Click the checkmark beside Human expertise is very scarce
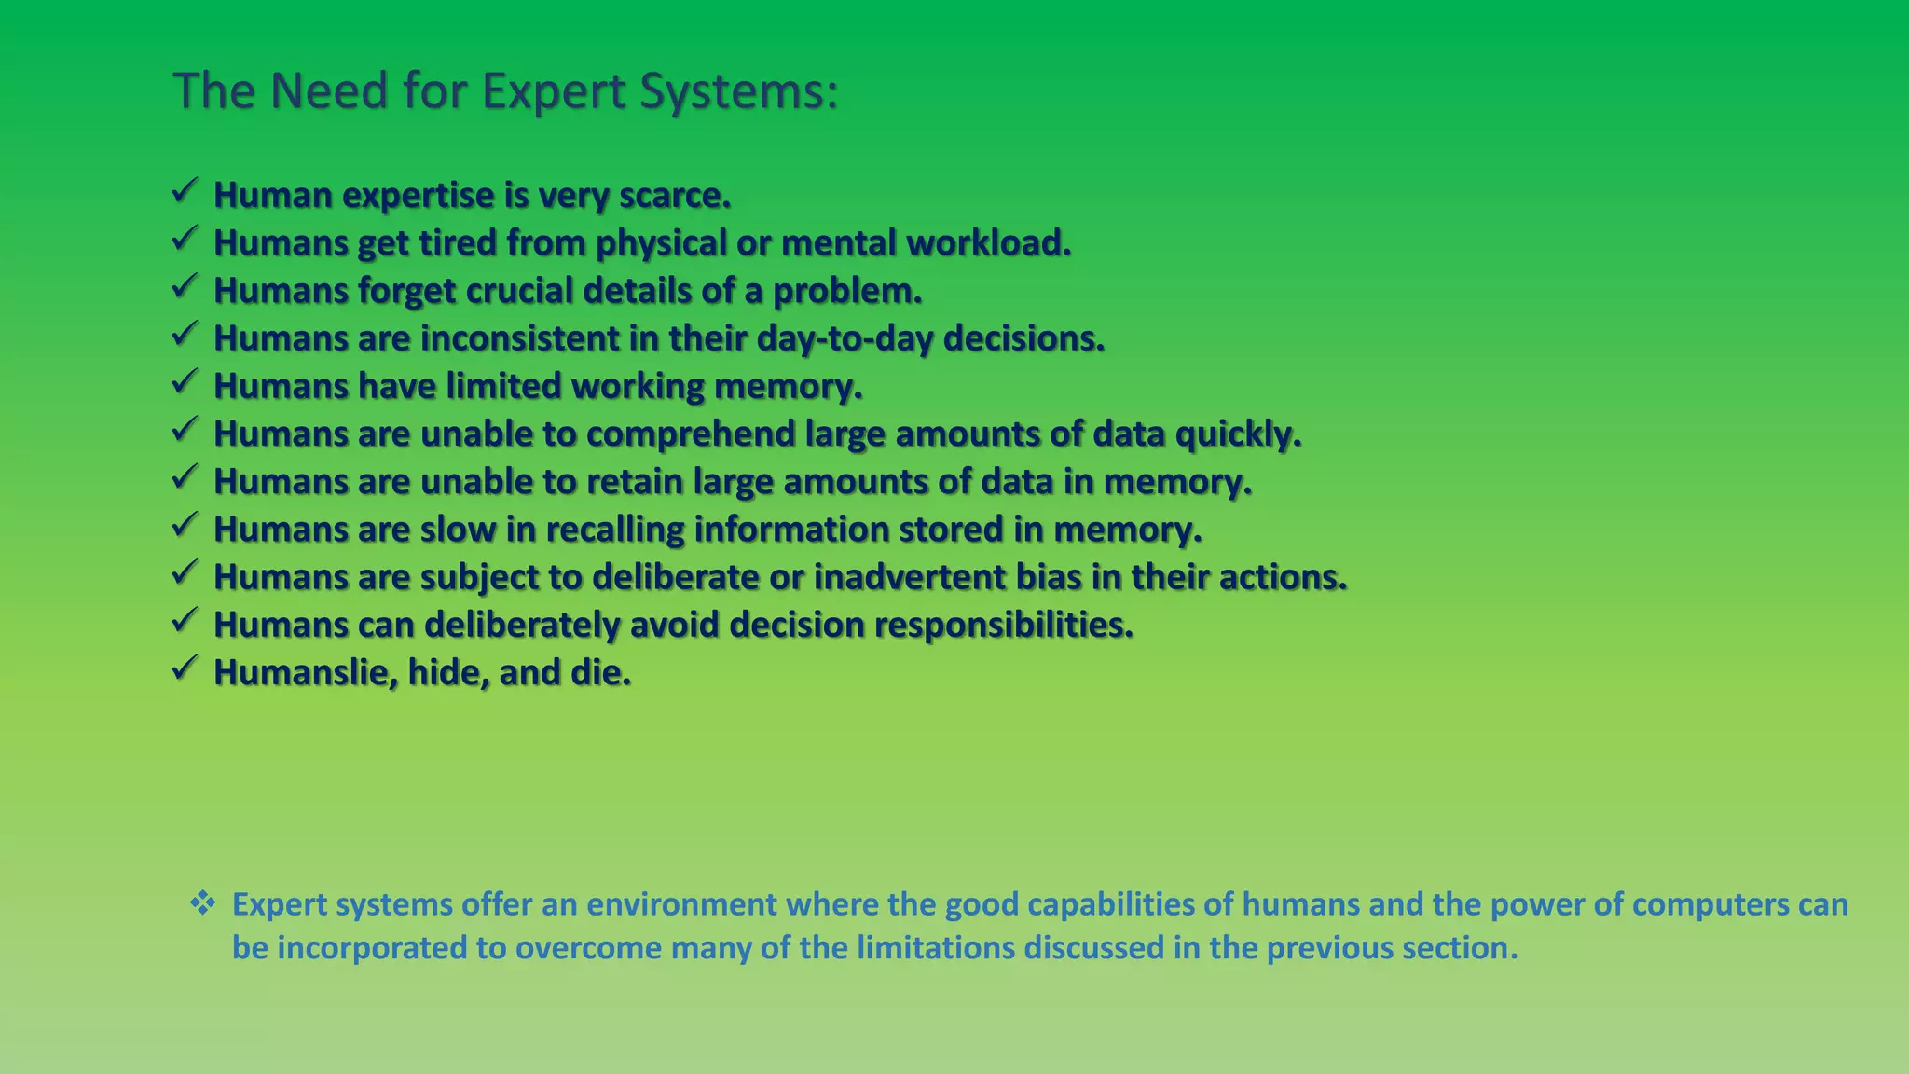pos(184,192)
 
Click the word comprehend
pos(690,434)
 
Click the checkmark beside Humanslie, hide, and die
pos(184,668)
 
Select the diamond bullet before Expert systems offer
pos(202,902)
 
